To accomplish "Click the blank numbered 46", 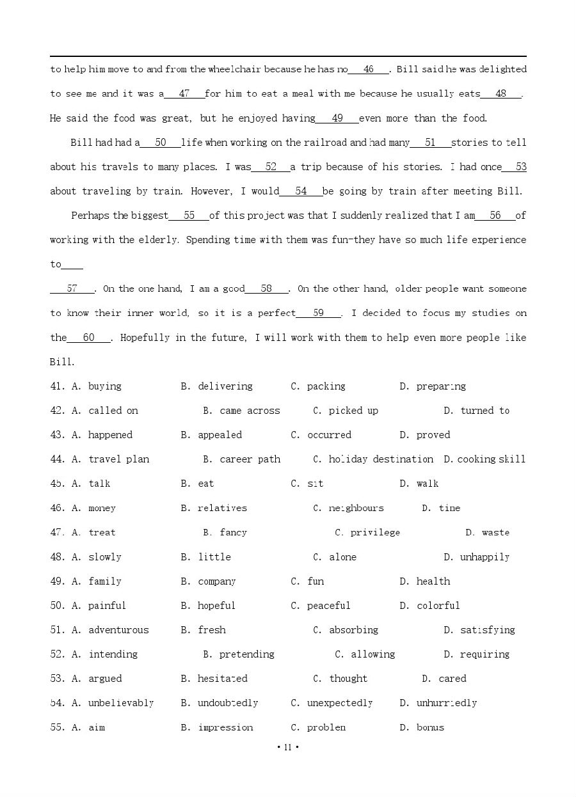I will pos(368,70).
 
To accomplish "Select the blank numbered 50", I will pos(160,143).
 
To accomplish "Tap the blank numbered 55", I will pos(189,216).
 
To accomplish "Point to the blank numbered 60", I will pos(88,338).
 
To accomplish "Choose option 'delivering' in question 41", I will pos(225,386).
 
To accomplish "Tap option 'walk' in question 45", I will pos(427,484).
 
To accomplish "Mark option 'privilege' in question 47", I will pos(374,532).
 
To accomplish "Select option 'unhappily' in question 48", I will pos(484,557).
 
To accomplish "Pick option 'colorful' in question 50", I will pos(438,606).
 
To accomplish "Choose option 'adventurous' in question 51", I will pos(118,630).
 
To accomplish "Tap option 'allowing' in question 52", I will pos(372,654).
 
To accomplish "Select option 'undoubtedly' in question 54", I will pos(227,703).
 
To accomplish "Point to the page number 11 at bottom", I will pos(287,747).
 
